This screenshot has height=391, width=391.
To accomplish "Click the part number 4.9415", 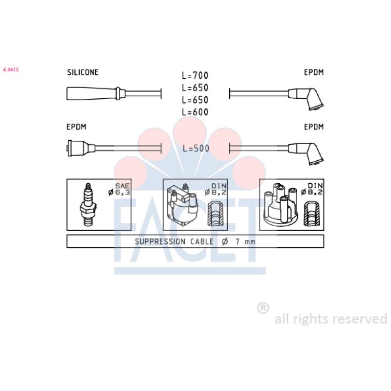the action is coord(11,69).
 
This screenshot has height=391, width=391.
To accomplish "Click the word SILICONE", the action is coord(83,72).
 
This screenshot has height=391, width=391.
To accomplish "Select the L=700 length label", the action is coord(195,75).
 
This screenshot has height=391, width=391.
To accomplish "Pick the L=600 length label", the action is coord(195,112).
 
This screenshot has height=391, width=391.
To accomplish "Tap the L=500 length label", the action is coord(196,149).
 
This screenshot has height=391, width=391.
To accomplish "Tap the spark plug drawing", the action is coord(88,204).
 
